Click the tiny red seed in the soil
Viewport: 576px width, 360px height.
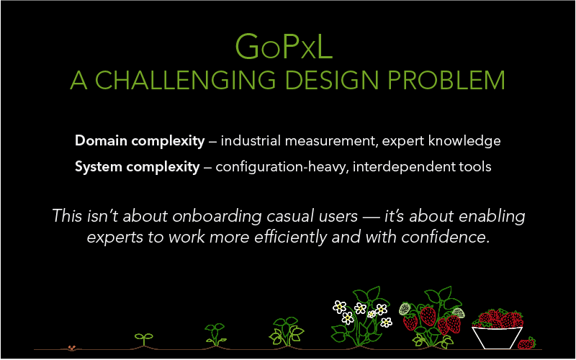click(x=71, y=348)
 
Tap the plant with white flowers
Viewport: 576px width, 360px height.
click(x=359, y=317)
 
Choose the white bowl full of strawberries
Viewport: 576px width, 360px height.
click(x=497, y=333)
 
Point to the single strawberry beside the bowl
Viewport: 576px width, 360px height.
click(x=527, y=343)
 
